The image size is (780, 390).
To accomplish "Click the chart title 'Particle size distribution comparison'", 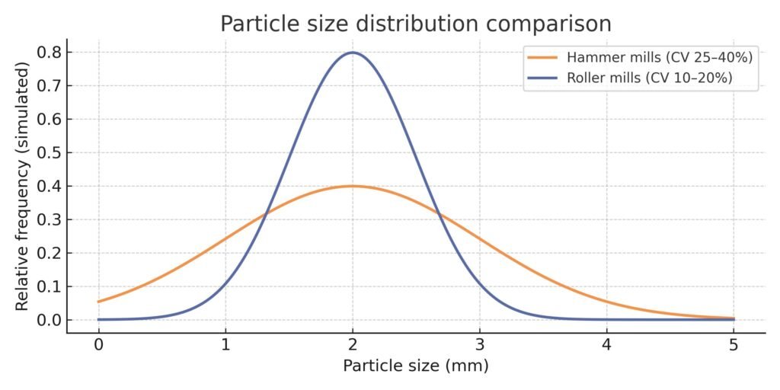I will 415,24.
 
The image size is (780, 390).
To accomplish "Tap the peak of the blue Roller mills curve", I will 352,53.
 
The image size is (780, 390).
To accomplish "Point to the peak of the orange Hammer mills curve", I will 352,186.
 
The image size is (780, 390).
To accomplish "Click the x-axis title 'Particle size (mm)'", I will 415,366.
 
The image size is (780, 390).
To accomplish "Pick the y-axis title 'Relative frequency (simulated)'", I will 23,186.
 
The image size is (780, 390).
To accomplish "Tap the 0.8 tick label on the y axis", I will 50,53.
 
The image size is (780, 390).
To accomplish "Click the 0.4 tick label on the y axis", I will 50,187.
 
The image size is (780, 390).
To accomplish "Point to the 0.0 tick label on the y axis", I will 50,320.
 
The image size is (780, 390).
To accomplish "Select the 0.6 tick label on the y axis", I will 50,120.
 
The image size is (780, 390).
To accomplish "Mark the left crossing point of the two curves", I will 264,215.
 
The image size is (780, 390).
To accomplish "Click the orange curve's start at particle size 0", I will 99,302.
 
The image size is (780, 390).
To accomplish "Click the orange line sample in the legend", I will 542,58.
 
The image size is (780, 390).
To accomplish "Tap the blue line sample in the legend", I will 542,78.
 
